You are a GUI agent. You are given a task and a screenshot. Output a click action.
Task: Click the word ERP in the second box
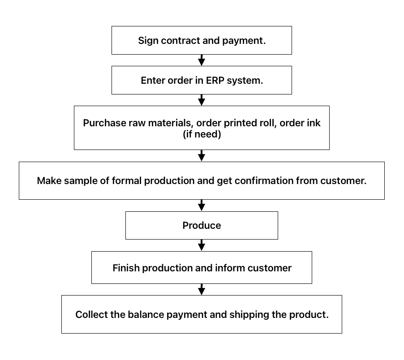pyautogui.click(x=215, y=80)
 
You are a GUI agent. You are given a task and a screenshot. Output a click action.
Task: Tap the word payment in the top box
pyautogui.click(x=244, y=41)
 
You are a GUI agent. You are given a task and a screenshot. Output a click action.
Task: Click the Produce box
pyautogui.click(x=202, y=225)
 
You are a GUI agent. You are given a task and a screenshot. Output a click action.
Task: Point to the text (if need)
pyautogui.click(x=202, y=134)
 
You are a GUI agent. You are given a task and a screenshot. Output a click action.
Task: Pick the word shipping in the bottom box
pyautogui.click(x=249, y=315)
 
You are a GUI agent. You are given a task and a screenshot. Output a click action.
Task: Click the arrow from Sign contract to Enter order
pyautogui.click(x=202, y=60)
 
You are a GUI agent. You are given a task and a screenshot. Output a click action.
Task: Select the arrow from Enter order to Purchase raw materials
pyautogui.click(x=202, y=100)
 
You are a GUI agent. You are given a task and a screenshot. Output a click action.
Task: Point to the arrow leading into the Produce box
pyautogui.click(x=202, y=206)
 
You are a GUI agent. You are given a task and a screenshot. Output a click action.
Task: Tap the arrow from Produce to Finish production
pyautogui.click(x=202, y=245)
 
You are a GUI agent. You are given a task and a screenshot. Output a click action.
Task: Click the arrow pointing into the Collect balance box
pyautogui.click(x=202, y=289)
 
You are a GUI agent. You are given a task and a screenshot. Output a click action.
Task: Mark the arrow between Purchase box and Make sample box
pyautogui.click(x=202, y=156)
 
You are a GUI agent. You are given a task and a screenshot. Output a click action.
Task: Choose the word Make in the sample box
pyautogui.click(x=49, y=180)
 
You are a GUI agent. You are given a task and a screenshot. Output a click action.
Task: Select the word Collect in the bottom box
pyautogui.click(x=91, y=314)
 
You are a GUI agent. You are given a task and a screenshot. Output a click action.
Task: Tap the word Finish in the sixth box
pyautogui.click(x=126, y=268)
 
